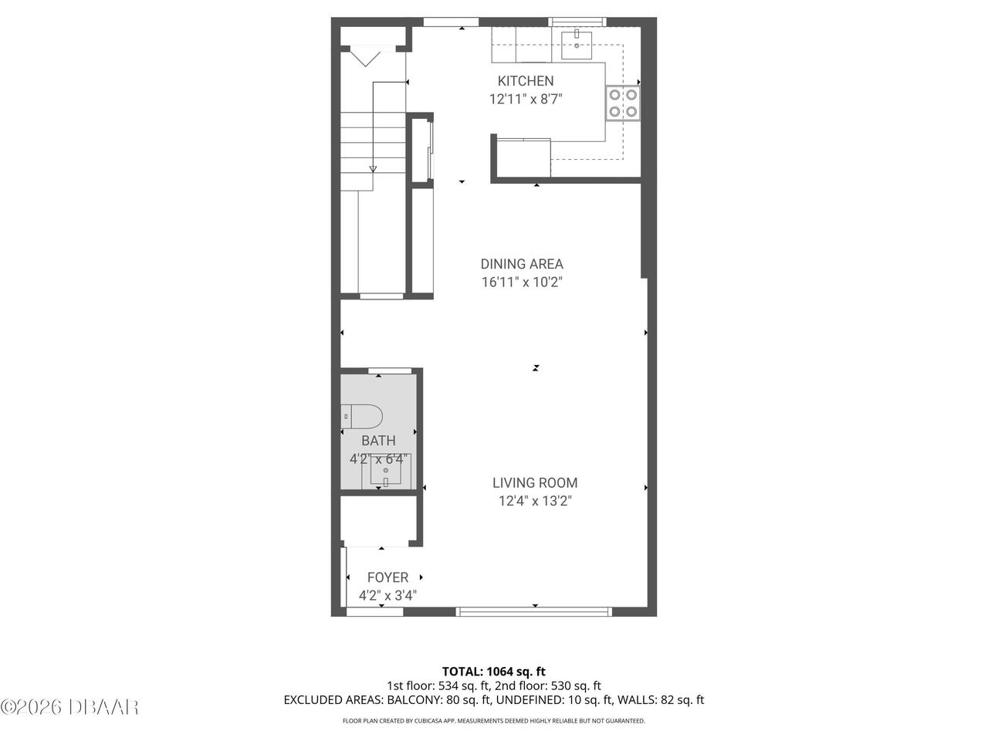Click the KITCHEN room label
tap(525, 81)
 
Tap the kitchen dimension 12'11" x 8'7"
tap(525, 99)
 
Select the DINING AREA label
tap(522, 264)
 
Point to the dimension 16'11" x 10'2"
tap(522, 283)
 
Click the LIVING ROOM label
tap(535, 483)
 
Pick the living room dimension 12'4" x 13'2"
tap(535, 502)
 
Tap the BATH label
tap(378, 441)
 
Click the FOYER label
tap(387, 577)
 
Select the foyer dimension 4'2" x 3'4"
tap(387, 596)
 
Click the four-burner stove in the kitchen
tap(622, 103)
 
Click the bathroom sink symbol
tap(386, 470)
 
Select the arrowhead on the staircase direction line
tap(374, 169)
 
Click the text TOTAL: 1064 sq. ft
tap(493, 672)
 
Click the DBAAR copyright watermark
tap(69, 706)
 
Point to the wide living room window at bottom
tap(534, 611)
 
